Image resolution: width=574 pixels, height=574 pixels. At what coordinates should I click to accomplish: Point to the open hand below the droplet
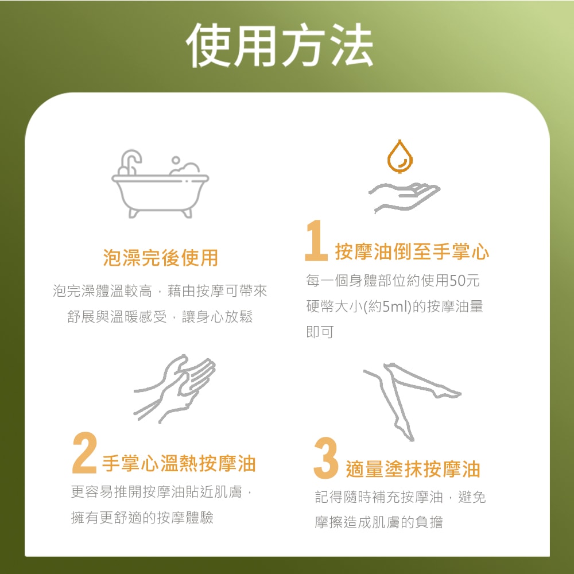(404, 196)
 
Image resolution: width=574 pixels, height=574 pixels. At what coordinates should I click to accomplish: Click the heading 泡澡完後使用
(161, 258)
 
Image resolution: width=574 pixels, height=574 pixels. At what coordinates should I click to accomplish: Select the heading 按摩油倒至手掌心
(412, 251)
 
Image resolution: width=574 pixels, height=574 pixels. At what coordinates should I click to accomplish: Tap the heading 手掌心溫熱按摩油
(179, 463)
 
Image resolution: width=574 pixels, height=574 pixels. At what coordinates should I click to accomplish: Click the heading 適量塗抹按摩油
(413, 469)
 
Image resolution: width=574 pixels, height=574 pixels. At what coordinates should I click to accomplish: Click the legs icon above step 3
(410, 396)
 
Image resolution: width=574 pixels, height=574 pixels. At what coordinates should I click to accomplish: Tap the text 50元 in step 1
(464, 281)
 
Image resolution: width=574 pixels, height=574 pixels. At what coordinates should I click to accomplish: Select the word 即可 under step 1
(320, 332)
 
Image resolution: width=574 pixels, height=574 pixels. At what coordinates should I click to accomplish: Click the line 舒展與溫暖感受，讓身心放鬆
(160, 317)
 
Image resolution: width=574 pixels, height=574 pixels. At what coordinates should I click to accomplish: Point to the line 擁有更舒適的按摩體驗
(142, 518)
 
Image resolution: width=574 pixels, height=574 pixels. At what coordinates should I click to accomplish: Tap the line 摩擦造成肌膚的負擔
(379, 522)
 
